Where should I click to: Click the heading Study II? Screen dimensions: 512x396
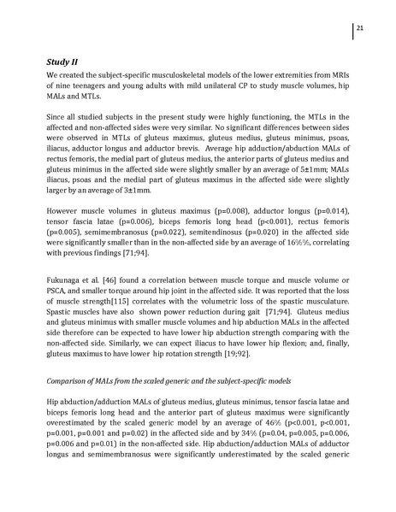click(x=65, y=60)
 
